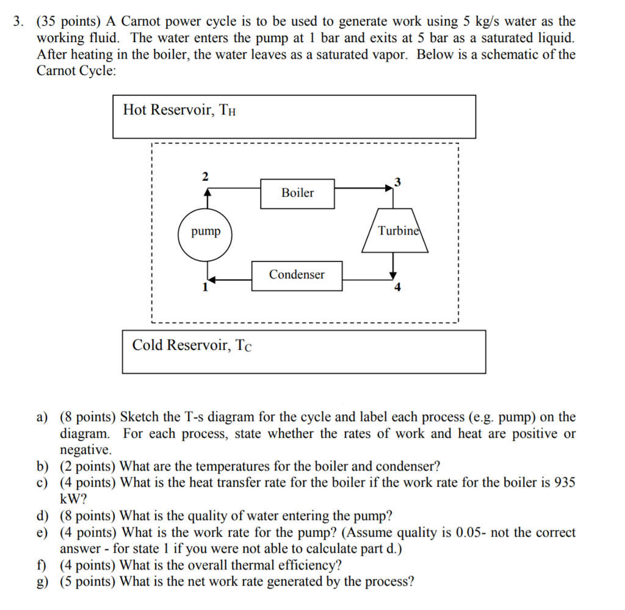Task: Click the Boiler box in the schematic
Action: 297,193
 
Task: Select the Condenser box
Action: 297,275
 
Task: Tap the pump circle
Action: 205,232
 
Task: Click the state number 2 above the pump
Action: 205,176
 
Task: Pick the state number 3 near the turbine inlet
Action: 397,181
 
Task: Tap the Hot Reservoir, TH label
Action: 179,111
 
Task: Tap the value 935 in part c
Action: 565,482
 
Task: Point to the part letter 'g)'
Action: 42,581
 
